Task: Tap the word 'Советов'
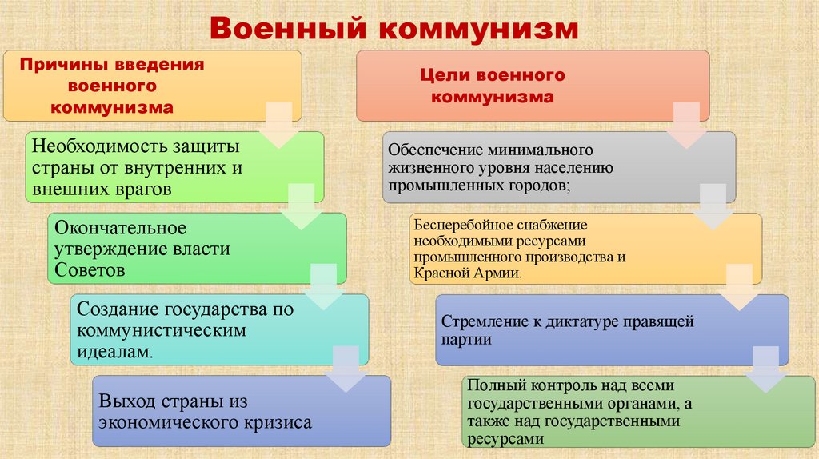point(90,270)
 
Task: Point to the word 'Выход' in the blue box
point(126,401)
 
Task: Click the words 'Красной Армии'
point(467,273)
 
